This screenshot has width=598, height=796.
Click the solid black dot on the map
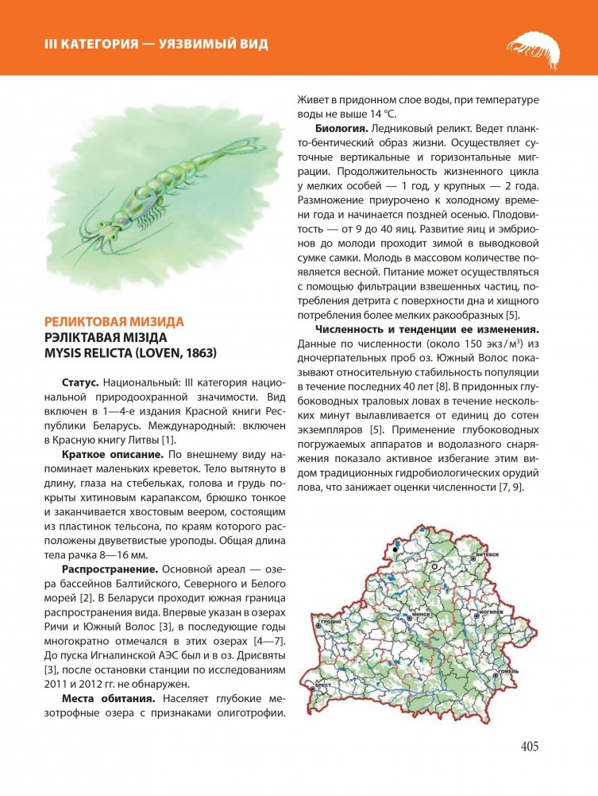pos(394,547)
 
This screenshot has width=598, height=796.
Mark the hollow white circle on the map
pos(434,565)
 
